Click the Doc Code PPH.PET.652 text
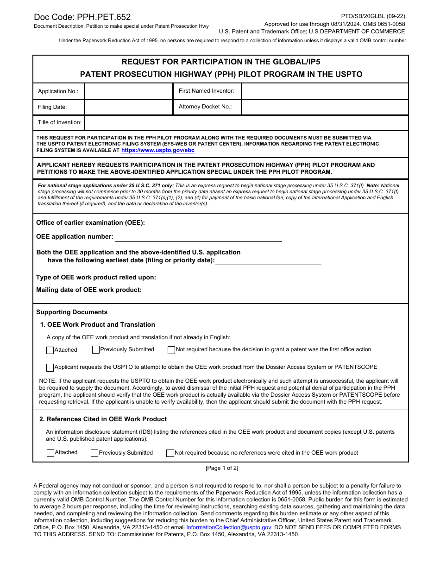tap(82, 17)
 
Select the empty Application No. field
tap(128, 91)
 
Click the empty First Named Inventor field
tap(324, 91)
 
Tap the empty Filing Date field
tap(128, 107)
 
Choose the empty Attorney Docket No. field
tap(324, 107)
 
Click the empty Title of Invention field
tap(246, 123)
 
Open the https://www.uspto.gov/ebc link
tap(158, 151)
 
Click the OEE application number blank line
tap(198, 237)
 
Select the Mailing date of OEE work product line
tap(196, 291)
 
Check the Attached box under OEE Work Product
tap(50, 350)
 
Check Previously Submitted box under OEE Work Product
tap(96, 350)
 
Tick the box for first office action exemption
tap(171, 350)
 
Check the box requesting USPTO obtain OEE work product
tap(50, 367)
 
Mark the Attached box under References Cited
tap(50, 453)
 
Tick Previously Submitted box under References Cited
tap(94, 453)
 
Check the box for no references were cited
tap(170, 453)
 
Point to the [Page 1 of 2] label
tap(222, 468)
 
